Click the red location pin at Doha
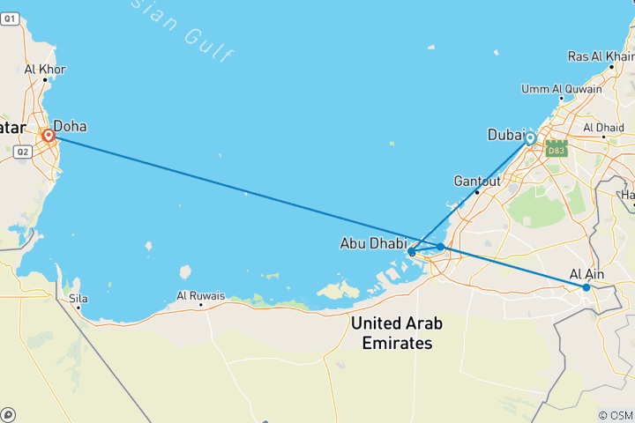click(x=49, y=137)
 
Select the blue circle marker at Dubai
click(x=530, y=138)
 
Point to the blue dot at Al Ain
click(x=586, y=287)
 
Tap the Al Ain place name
click(x=587, y=274)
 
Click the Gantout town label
click(x=477, y=181)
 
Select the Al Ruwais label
click(x=201, y=295)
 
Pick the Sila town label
click(x=79, y=299)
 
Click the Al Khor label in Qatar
click(x=45, y=69)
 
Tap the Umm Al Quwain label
click(x=562, y=89)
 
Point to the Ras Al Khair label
click(x=601, y=56)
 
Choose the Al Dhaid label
click(x=604, y=128)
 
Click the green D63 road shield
click(x=556, y=151)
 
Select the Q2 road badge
click(x=23, y=152)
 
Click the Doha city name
click(x=70, y=126)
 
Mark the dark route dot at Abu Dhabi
click(x=412, y=253)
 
